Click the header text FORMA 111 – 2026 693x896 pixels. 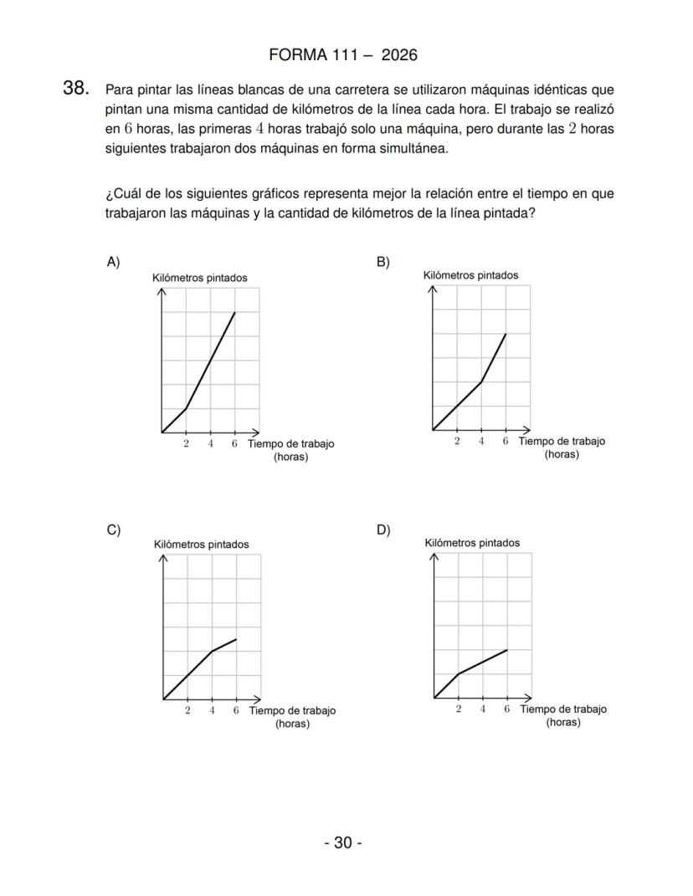pyautogui.click(x=343, y=55)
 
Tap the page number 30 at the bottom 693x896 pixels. pyautogui.click(x=343, y=842)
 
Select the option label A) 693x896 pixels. pyautogui.click(x=113, y=262)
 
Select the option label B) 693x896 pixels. pyautogui.click(x=383, y=262)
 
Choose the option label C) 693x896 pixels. pyautogui.click(x=113, y=530)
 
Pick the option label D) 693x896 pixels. pyautogui.click(x=383, y=530)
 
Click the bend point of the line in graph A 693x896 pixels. pyautogui.click(x=186, y=408)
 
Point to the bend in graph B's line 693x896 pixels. pyautogui.click(x=481, y=381)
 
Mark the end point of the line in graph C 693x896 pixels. pyautogui.click(x=236, y=639)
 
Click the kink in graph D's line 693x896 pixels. pyautogui.click(x=458, y=673)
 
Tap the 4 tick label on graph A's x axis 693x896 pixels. pyautogui.click(x=210, y=444)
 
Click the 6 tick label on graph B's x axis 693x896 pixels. pyautogui.click(x=506, y=442)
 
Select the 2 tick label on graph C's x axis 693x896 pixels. pyautogui.click(x=187, y=710)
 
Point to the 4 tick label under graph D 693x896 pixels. pyautogui.click(x=483, y=709)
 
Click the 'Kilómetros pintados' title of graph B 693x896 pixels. pyautogui.click(x=470, y=275)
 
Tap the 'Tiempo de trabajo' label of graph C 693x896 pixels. pyautogui.click(x=292, y=711)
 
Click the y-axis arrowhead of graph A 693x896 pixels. pyautogui.click(x=162, y=291)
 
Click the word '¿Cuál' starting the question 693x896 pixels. pyautogui.click(x=121, y=194)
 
